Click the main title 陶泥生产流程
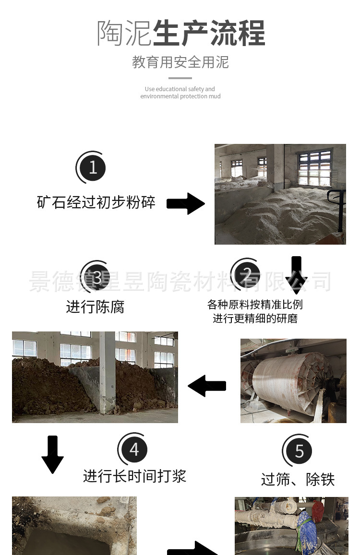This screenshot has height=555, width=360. point(180,33)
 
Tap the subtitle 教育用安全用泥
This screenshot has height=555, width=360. point(180,62)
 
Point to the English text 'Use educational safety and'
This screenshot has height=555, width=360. point(180,89)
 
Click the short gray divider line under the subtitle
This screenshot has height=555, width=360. point(180,78)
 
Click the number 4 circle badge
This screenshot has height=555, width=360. point(133,449)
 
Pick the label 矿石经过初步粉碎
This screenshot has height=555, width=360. point(96,202)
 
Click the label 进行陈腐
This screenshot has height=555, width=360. point(96,307)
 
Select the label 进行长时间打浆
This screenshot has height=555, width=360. point(135,476)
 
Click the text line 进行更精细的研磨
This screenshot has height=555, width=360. point(255,319)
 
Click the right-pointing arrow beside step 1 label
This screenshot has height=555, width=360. point(186,203)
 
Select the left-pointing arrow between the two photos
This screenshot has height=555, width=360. point(207,386)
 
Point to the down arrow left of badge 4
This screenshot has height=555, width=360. point(52,455)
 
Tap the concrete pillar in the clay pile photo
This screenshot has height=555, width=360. point(107,372)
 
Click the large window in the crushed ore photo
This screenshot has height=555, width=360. point(315,168)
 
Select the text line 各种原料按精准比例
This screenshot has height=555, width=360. point(255,305)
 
